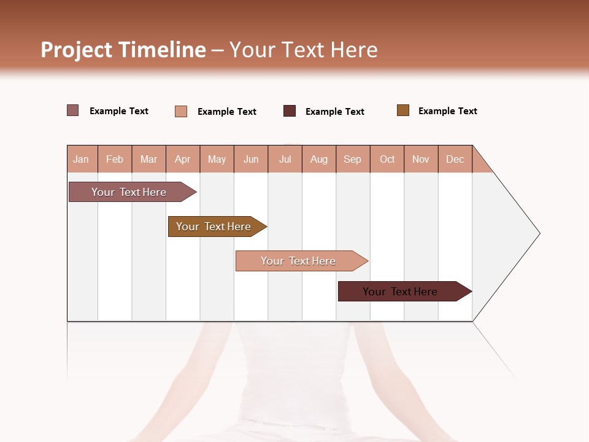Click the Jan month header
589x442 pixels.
81,159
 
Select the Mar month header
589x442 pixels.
148,159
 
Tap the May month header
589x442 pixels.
217,159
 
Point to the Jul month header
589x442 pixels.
285,159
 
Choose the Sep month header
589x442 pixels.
352,159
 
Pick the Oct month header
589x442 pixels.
387,159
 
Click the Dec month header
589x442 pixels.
455,159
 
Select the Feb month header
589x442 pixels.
115,159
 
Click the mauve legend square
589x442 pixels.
73,110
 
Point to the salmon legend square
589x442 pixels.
181,111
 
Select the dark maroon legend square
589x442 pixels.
290,111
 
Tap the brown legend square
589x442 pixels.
403,110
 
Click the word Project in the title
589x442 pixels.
77,50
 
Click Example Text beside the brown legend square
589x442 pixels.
447,111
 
